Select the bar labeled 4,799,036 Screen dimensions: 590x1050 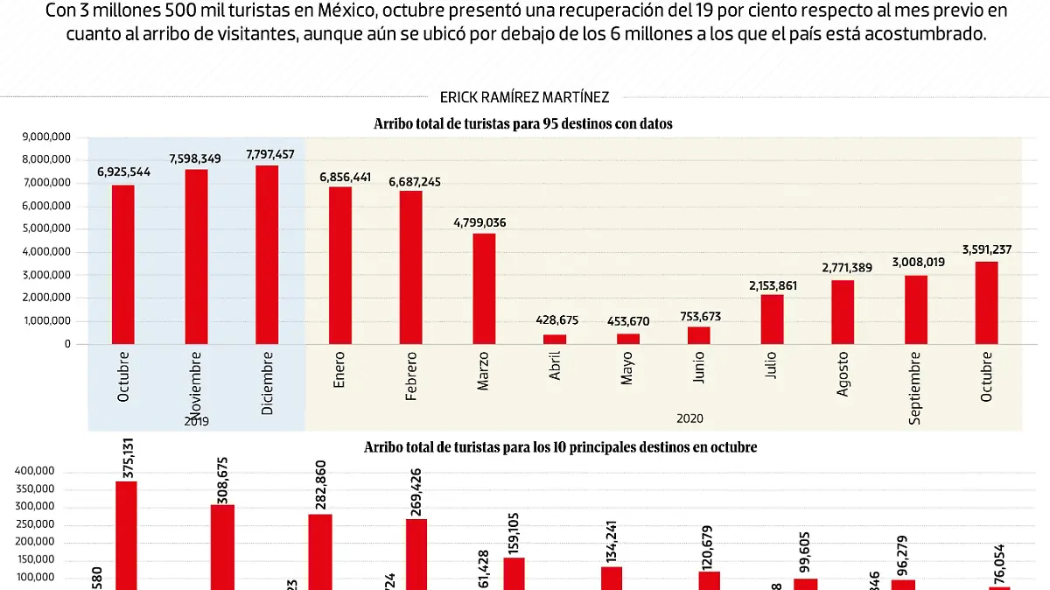[484, 288]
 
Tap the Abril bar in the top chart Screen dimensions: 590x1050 [555, 339]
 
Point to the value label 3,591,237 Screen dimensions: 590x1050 [986, 249]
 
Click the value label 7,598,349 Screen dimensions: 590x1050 [196, 158]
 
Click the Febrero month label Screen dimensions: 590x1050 [411, 377]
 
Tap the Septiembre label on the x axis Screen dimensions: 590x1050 [916, 389]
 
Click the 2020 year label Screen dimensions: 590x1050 [689, 419]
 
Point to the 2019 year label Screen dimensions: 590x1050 [197, 421]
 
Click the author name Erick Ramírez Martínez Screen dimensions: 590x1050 [525, 98]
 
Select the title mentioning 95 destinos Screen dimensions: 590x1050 [523, 124]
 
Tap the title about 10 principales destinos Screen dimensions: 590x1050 [560, 447]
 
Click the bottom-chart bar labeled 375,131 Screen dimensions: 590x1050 [126, 535]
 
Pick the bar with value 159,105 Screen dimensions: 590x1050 [514, 573]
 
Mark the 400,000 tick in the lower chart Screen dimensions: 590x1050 [35, 471]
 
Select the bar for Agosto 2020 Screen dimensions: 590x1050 [843, 312]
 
